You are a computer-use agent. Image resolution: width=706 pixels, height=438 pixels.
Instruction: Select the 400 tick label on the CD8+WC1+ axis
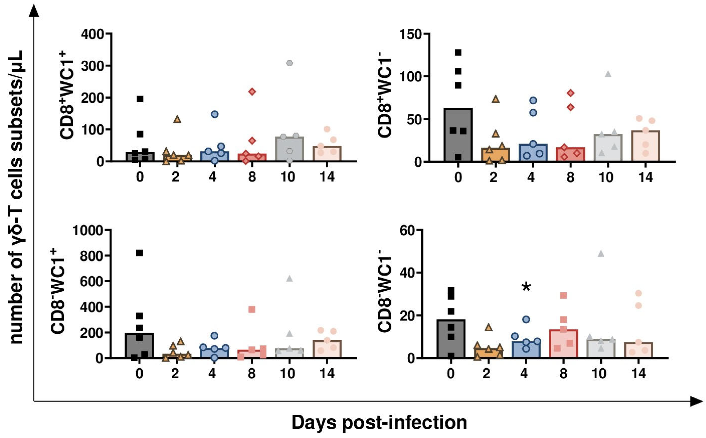pyautogui.click(x=92, y=34)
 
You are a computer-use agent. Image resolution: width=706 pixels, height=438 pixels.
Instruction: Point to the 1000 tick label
pyautogui.click(x=88, y=231)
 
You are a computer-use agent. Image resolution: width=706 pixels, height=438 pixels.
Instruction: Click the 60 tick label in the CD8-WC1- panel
pyautogui.click(x=407, y=231)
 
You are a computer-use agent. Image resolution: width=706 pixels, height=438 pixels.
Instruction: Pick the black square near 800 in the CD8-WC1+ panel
pyautogui.click(x=139, y=253)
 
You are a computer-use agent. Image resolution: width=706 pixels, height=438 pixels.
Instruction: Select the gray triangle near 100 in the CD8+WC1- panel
pyautogui.click(x=608, y=74)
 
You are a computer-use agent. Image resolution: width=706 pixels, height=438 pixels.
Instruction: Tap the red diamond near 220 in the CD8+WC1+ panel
pyautogui.click(x=252, y=92)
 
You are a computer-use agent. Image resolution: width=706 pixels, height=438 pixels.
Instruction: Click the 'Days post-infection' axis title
pyautogui.click(x=379, y=422)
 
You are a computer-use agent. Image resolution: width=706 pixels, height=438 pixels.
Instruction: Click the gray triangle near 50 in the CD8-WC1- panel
pyautogui.click(x=601, y=254)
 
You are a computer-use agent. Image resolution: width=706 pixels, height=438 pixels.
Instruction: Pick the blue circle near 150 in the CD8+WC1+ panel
pyautogui.click(x=215, y=114)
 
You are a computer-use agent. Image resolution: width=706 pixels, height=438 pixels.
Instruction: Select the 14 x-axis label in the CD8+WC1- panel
pyautogui.click(x=645, y=177)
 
